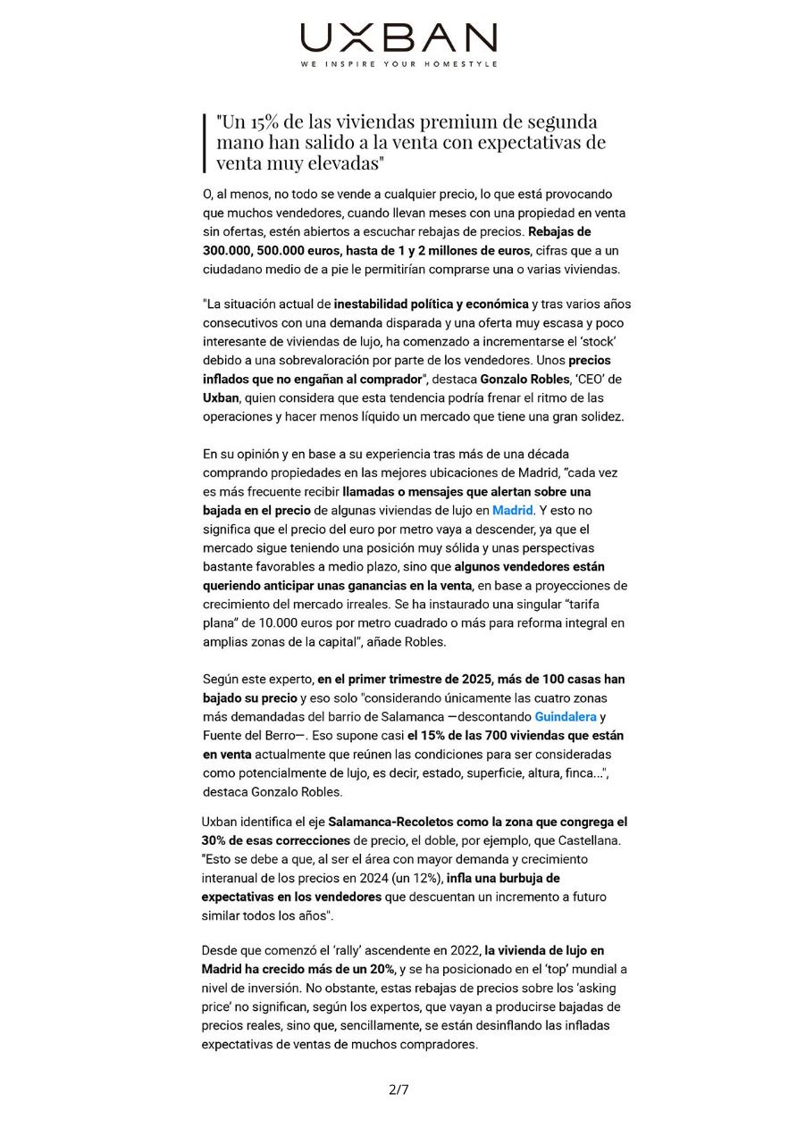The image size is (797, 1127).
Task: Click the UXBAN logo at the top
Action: click(x=398, y=38)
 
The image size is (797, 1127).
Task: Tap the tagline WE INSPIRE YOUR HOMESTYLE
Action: click(x=398, y=64)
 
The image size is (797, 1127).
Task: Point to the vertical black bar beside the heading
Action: click(x=205, y=143)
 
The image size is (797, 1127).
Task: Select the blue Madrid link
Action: click(x=512, y=510)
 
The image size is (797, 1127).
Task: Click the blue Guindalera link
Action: click(x=565, y=716)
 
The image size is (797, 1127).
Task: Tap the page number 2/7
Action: click(x=398, y=1089)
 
